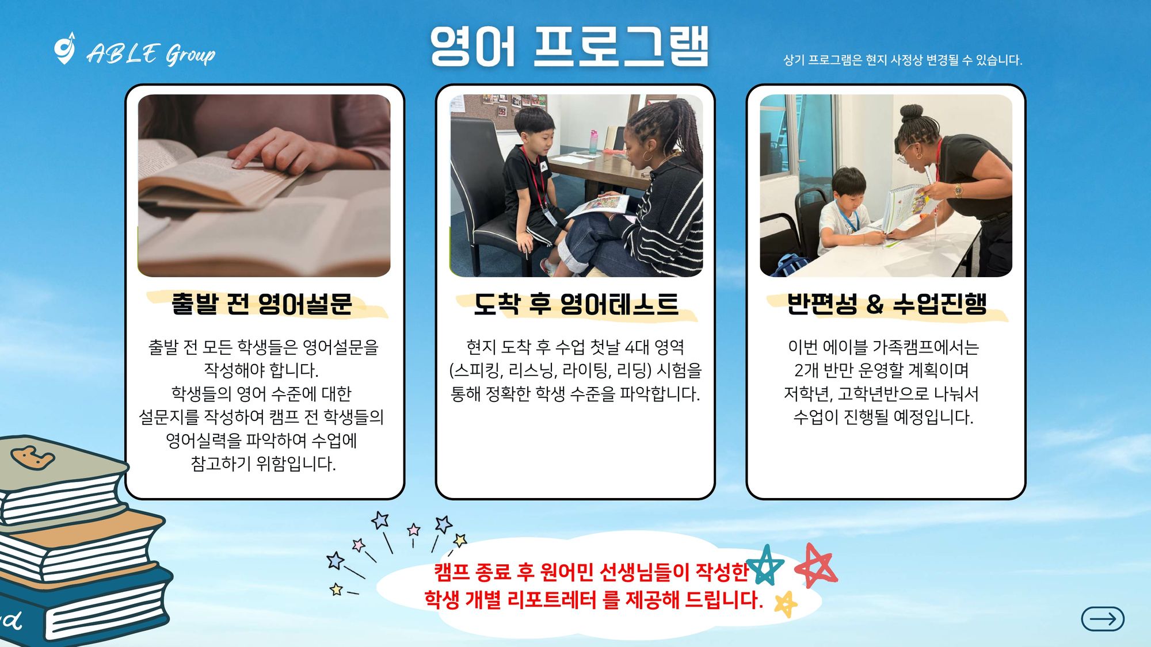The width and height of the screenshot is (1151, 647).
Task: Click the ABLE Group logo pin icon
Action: pyautogui.click(x=64, y=48)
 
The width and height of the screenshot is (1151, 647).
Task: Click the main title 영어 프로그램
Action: pyautogui.click(x=569, y=47)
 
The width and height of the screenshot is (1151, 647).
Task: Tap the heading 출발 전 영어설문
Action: pyautogui.click(x=262, y=304)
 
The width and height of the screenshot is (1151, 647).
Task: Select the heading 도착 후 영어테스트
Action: pyautogui.click(x=575, y=304)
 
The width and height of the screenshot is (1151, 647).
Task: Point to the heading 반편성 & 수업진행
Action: pyautogui.click(x=886, y=304)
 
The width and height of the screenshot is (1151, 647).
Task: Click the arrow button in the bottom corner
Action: pyautogui.click(x=1103, y=619)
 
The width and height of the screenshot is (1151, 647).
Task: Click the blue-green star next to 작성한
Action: pyautogui.click(x=765, y=564)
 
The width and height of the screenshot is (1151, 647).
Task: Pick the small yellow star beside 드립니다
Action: pyautogui.click(x=786, y=604)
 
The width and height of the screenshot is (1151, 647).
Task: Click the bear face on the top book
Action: pyautogui.click(x=33, y=458)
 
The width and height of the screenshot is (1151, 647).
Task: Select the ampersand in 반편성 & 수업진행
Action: pyautogui.click(x=874, y=304)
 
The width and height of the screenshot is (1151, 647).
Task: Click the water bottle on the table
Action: pyautogui.click(x=593, y=141)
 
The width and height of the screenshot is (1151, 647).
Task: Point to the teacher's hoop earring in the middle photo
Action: pyautogui.click(x=647, y=156)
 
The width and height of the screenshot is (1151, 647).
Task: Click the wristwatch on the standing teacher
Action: pyautogui.click(x=958, y=190)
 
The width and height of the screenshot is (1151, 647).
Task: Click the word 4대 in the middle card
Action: pyautogui.click(x=637, y=347)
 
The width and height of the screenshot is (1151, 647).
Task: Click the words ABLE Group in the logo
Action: pyautogui.click(x=151, y=55)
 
